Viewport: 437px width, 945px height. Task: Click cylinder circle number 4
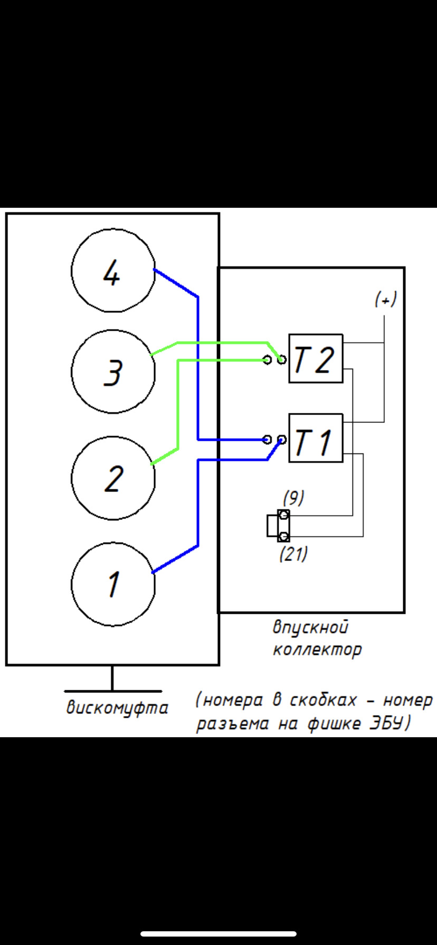(113, 271)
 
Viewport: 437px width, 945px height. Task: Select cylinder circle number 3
(113, 372)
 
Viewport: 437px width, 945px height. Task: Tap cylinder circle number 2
(113, 478)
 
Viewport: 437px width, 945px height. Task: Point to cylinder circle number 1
(113, 584)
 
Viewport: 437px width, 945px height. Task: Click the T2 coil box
(316, 359)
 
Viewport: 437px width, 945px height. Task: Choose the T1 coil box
(316, 439)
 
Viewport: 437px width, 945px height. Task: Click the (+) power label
(386, 300)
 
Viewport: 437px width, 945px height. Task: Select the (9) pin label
(293, 497)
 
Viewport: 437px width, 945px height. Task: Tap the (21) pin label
(293, 554)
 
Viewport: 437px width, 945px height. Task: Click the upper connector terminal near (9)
(283, 515)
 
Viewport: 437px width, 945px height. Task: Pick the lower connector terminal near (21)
(283, 536)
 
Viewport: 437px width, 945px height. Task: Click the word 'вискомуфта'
(117, 708)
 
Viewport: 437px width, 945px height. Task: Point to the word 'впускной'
(310, 628)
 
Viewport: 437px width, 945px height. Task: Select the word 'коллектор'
(317, 649)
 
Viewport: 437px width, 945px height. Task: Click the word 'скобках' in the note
(323, 700)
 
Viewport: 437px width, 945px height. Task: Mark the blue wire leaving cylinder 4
(176, 284)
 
